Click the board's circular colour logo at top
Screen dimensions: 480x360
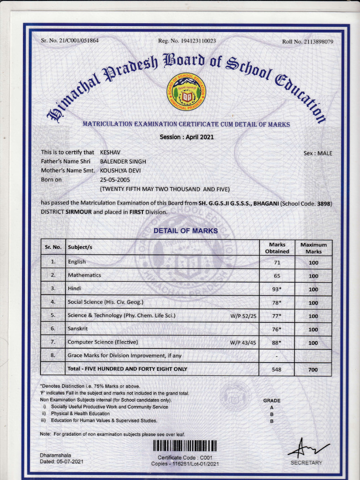(x=187, y=92)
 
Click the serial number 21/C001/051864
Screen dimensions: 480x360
(x=76, y=41)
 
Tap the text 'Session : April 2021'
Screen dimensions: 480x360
(x=187, y=137)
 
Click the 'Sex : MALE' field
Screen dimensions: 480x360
(x=318, y=153)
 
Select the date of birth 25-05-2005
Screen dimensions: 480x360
(x=115, y=180)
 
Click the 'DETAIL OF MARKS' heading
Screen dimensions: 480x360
(x=186, y=231)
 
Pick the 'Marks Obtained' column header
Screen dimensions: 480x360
(x=277, y=248)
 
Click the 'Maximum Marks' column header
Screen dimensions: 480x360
(x=314, y=248)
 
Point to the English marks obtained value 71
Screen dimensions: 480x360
(x=277, y=262)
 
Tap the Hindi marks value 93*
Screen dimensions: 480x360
(x=277, y=289)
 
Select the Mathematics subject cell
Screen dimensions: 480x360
(x=84, y=275)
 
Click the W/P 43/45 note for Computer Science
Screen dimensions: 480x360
(x=243, y=343)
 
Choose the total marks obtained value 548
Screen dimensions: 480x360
(x=277, y=369)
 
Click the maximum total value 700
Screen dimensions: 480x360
(x=313, y=369)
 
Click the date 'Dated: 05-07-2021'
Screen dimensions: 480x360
(x=62, y=462)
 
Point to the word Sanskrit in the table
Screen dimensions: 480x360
(x=78, y=329)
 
